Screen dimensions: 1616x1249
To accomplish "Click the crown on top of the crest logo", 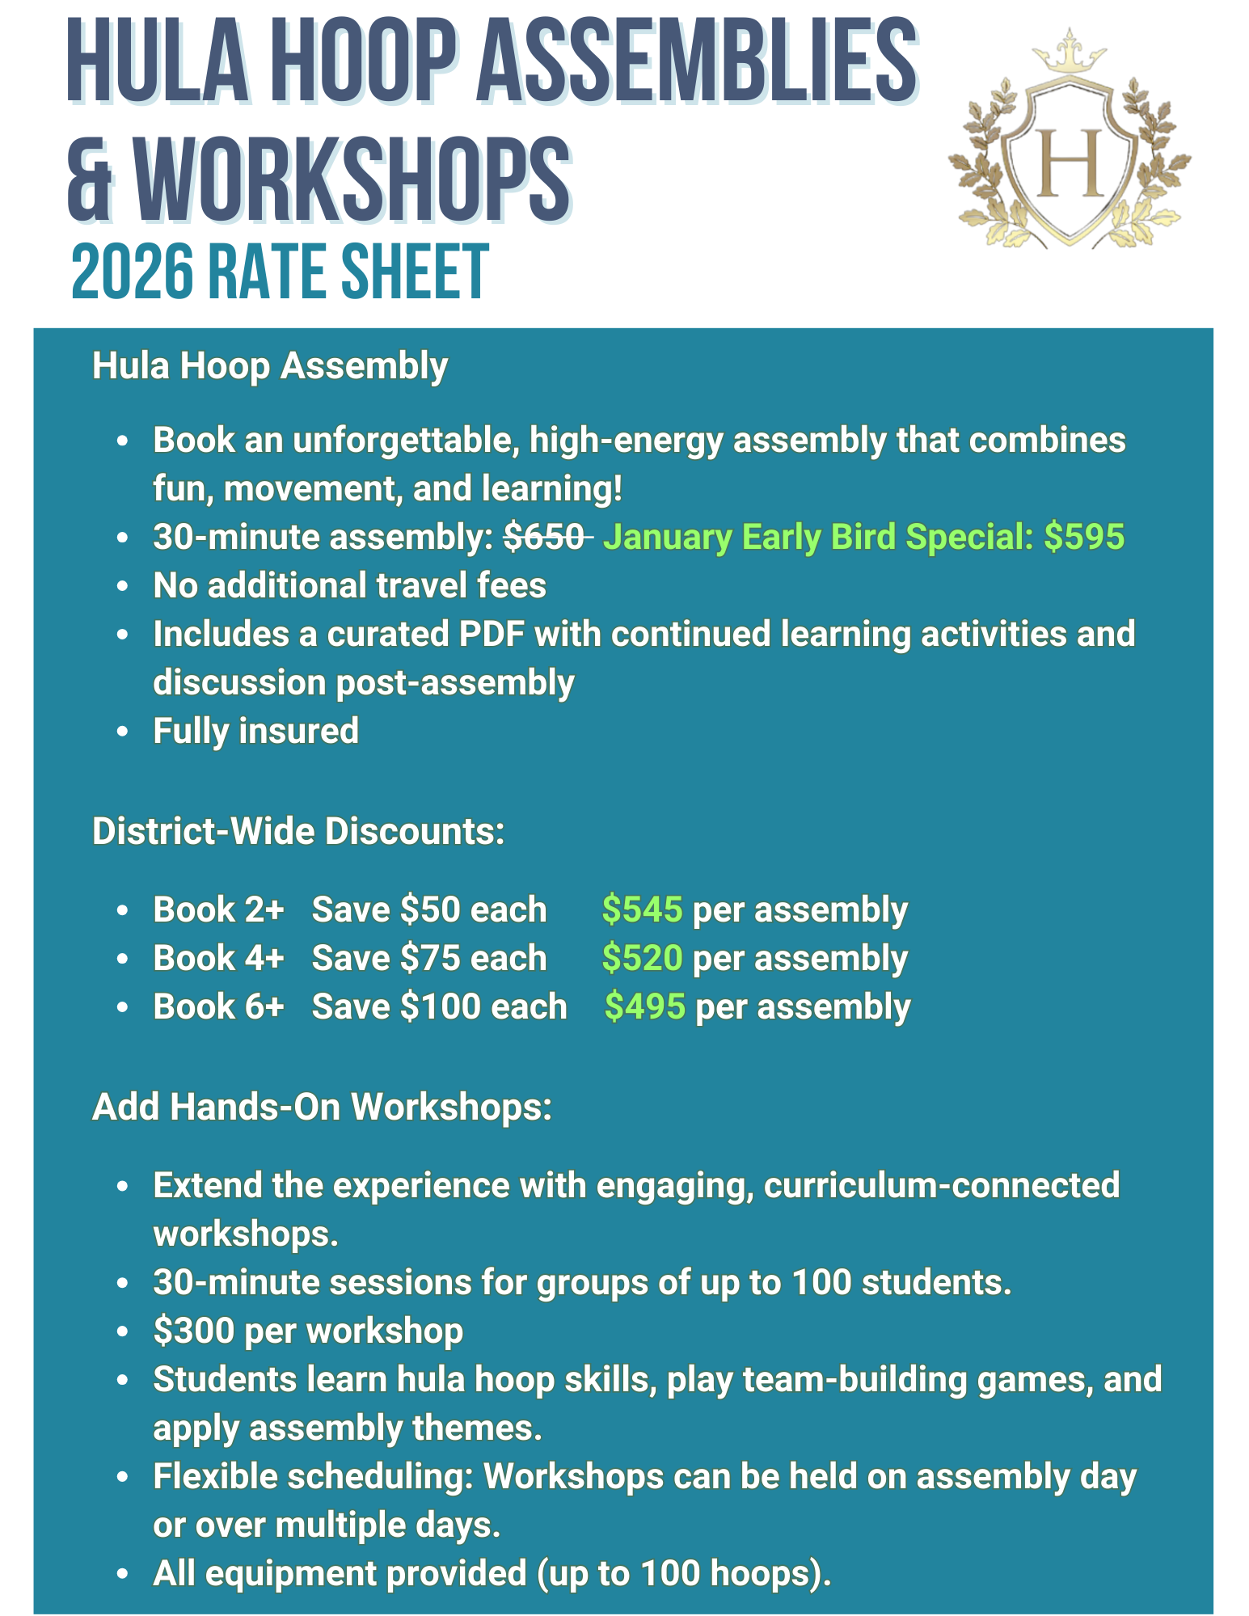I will tap(1070, 52).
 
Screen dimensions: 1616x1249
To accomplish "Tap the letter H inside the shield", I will tap(1070, 161).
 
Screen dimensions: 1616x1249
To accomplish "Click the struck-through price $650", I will tap(545, 537).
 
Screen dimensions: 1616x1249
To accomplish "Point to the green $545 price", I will tap(642, 909).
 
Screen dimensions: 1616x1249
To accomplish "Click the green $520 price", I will tap(642, 958).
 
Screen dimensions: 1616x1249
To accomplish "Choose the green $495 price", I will tap(644, 1006).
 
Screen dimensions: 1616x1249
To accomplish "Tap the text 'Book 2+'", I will tap(218, 909).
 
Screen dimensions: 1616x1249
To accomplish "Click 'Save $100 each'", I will tap(439, 1006).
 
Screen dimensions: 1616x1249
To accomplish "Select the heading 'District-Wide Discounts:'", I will tap(298, 831).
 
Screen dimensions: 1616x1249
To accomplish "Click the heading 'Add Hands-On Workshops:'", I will tap(322, 1107).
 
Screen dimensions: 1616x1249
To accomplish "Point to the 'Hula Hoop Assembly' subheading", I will tap(270, 365).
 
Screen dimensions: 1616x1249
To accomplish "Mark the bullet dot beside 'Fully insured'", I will tap(123, 732).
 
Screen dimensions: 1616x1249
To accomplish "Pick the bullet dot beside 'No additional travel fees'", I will tap(123, 586).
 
